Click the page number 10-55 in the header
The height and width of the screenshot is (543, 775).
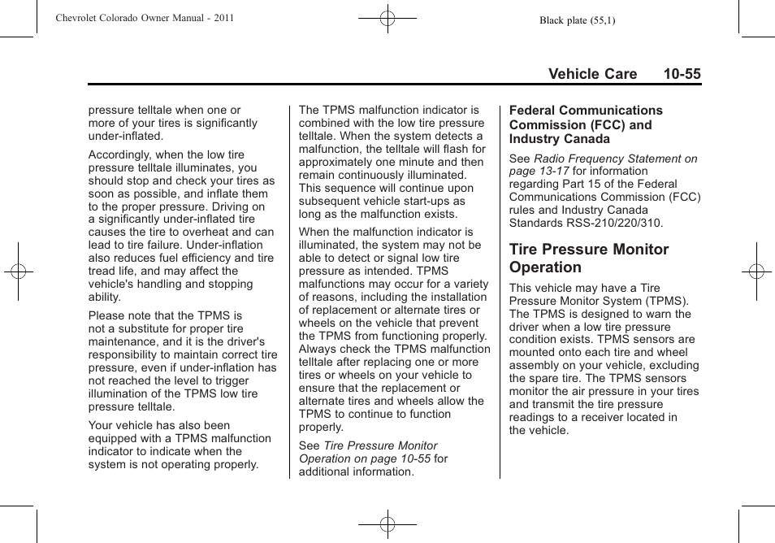(681, 74)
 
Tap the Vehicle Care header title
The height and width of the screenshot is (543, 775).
(592, 74)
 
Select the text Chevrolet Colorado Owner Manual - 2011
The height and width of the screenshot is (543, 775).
(145, 18)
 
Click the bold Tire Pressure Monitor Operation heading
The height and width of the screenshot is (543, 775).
(589, 258)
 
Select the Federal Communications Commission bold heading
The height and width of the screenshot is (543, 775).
(586, 124)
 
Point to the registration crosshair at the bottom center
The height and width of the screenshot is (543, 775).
(387, 524)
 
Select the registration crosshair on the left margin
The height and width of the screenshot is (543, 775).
(19, 271)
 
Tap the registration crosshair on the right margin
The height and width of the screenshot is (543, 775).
(756, 271)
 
